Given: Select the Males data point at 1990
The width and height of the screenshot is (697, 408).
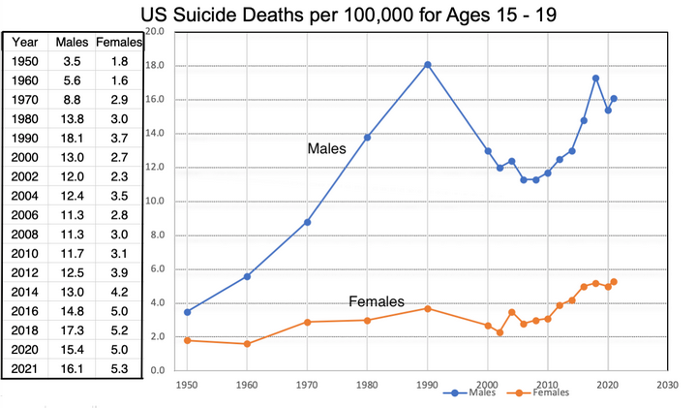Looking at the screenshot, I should (427, 64).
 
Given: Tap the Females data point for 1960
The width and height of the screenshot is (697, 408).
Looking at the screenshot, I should (248, 343).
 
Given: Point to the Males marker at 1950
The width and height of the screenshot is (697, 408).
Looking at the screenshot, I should (187, 311).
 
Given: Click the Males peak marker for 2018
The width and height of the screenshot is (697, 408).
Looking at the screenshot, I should (595, 78).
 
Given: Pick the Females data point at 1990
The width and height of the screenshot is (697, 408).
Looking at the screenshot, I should (427, 308).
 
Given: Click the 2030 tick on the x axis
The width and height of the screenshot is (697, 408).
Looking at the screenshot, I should (667, 384).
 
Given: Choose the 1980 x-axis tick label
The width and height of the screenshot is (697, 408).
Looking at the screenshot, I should (367, 384).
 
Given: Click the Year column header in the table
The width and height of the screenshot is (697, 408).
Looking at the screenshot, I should (25, 42).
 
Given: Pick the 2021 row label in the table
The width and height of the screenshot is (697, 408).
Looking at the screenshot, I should (25, 368).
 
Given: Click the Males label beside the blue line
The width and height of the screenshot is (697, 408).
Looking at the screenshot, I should (326, 148).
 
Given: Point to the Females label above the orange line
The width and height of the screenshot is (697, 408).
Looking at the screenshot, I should (377, 301).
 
